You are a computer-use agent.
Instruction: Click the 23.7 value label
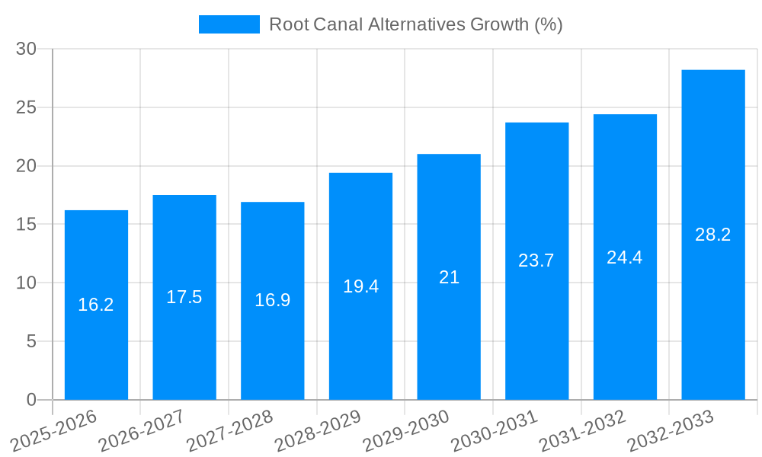coord(536,260)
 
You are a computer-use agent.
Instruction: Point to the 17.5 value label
coord(184,297)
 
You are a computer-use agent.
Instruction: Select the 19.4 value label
coord(360,286)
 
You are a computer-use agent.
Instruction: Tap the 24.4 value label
coord(625,257)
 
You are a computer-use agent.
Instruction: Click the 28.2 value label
coord(713,235)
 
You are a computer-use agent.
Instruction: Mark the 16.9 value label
coord(272,300)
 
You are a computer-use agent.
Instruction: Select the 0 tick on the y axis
coord(31,400)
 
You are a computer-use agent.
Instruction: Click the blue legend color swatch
coord(229,24)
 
